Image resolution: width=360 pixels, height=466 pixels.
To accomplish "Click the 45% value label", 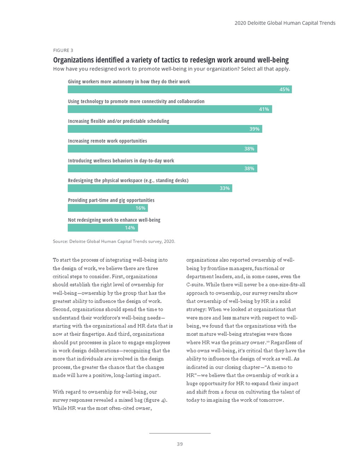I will click(284, 89).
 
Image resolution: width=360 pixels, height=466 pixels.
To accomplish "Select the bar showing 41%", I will click(170, 109).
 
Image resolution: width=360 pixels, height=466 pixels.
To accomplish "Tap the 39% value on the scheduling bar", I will click(254, 129).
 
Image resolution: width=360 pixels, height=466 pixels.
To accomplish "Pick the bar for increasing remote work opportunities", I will click(162, 149).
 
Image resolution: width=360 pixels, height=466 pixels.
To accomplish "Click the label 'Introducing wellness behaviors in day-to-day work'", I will click(121, 160).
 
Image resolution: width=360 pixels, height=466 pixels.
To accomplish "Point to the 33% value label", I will click(224, 188).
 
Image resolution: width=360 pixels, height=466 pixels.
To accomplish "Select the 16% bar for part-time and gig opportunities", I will click(107, 208).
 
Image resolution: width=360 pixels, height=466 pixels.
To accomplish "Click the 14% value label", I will click(130, 228).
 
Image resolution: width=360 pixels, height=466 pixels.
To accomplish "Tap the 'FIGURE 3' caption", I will click(63, 50).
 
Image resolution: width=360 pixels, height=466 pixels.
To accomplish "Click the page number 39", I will click(179, 444).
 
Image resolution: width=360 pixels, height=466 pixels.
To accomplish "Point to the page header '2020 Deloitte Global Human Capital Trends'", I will click(285, 23).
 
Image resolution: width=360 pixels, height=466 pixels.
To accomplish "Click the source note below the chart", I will click(114, 241).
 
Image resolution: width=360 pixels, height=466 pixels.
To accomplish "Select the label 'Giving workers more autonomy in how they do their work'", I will click(129, 82).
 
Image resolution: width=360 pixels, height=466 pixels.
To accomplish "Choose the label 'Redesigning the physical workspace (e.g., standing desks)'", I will click(128, 181).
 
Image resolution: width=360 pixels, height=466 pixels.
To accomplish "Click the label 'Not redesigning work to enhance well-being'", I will click(114, 220).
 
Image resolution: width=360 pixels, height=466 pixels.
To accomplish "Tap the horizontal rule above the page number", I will click(179, 433).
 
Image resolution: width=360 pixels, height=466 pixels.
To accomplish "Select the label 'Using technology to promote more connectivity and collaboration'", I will click(136, 101).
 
